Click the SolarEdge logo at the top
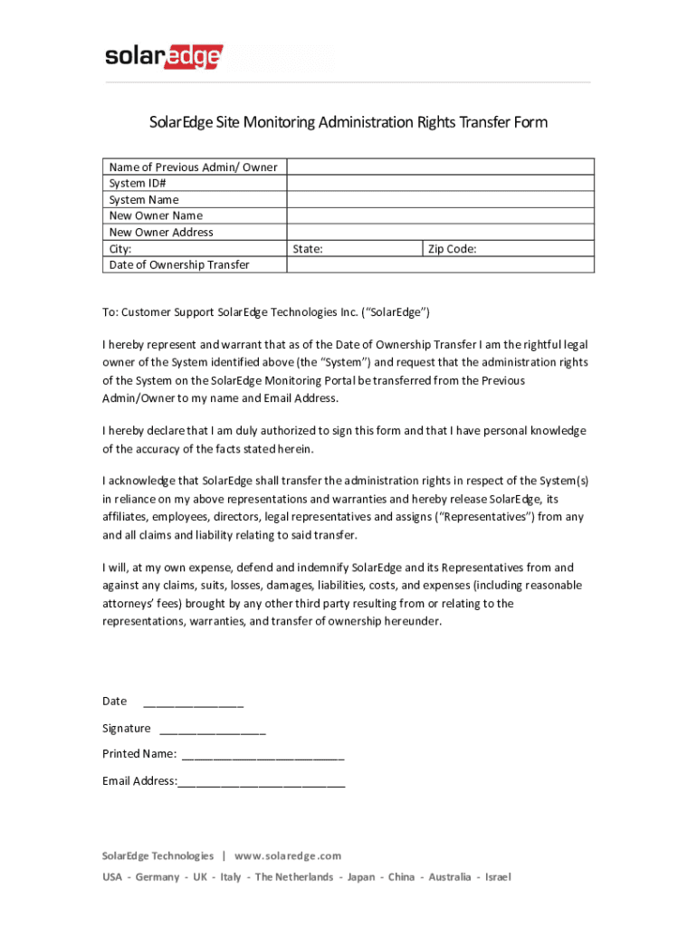[x=164, y=57]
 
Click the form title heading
[x=348, y=122]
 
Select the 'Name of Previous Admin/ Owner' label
[x=193, y=167]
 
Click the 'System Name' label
[x=144, y=200]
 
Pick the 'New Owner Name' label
[x=156, y=216]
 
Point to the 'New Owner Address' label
[x=161, y=233]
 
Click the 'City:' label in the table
[x=120, y=249]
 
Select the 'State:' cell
[x=355, y=249]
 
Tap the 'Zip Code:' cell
[x=508, y=249]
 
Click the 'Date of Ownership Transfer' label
[x=179, y=265]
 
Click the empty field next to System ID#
[x=440, y=184]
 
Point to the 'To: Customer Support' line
[x=266, y=312]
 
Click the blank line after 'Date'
[x=193, y=702]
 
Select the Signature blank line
[x=213, y=730]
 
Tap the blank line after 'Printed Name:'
[x=263, y=755]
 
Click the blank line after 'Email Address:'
[x=262, y=782]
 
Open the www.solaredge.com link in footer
[x=288, y=855]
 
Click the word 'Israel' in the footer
[x=498, y=877]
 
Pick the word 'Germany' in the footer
[x=158, y=877]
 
